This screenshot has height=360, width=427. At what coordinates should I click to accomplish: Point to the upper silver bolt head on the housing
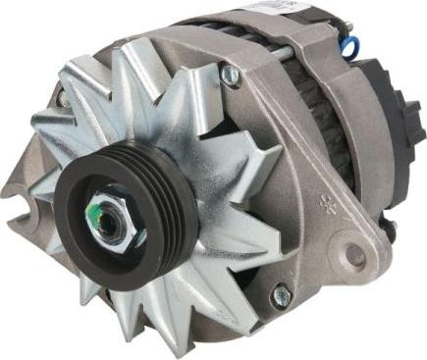click(x=231, y=73)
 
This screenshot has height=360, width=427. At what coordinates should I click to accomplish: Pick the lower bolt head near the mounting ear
click(x=281, y=292)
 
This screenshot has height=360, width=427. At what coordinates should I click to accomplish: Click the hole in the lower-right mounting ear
click(x=354, y=257)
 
